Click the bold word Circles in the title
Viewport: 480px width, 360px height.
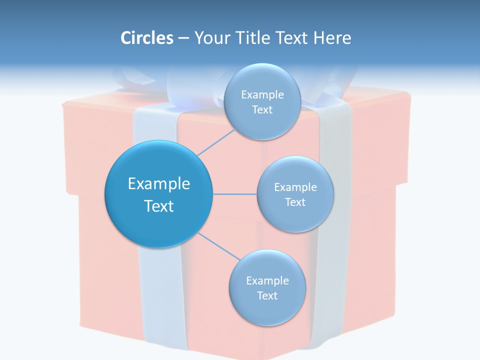pyautogui.click(x=146, y=38)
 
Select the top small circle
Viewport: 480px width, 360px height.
pyautogui.click(x=261, y=80)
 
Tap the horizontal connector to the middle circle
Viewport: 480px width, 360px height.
pyautogui.click(x=234, y=194)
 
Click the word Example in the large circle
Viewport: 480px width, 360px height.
pyautogui.click(x=159, y=184)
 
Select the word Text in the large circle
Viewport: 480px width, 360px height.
pyautogui.click(x=159, y=206)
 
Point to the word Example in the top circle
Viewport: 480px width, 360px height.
pyautogui.click(x=262, y=94)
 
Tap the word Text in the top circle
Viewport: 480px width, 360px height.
pyautogui.click(x=262, y=109)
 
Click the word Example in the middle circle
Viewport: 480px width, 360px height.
pyautogui.click(x=295, y=187)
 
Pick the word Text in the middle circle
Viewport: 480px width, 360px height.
pyautogui.click(x=295, y=202)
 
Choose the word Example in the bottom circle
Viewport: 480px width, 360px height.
pyautogui.click(x=267, y=280)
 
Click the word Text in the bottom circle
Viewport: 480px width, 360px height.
pyautogui.click(x=267, y=295)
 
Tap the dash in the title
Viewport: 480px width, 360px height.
pyautogui.click(x=183, y=38)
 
